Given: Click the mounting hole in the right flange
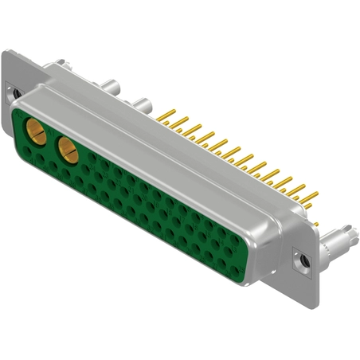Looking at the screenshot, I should pos(303,259).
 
